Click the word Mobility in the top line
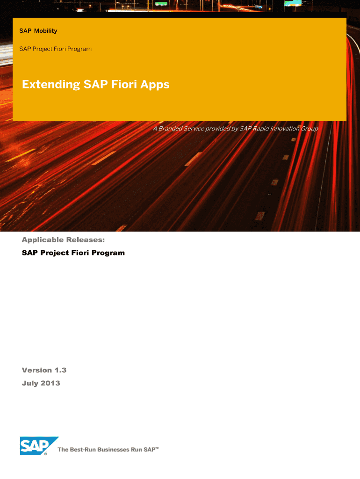pyautogui.click(x=45, y=31)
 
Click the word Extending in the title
pyautogui.click(x=51, y=85)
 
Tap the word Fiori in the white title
pyautogui.click(x=124, y=84)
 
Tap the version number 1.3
pyautogui.click(x=60, y=370)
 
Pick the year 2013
pyautogui.click(x=50, y=384)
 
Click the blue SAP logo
pyautogui.click(x=39, y=446)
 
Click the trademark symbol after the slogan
pyautogui.click(x=157, y=448)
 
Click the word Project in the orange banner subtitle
pyautogui.click(x=43, y=49)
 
